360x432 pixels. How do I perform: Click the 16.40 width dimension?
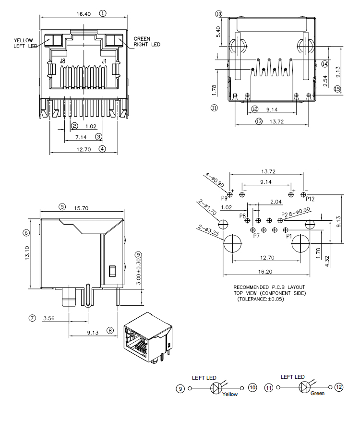click(x=84, y=13)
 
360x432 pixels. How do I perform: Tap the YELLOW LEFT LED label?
click(x=24, y=43)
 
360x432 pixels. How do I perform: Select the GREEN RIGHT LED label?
click(x=146, y=42)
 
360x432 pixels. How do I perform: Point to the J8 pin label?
click(x=62, y=61)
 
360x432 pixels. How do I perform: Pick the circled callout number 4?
click(x=102, y=149)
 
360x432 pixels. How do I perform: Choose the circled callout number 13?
click(x=259, y=122)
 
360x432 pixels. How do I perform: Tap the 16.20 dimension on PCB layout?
click(x=265, y=271)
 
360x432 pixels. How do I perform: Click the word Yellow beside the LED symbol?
click(x=230, y=395)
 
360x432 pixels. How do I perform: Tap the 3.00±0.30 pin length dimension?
click(x=138, y=273)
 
